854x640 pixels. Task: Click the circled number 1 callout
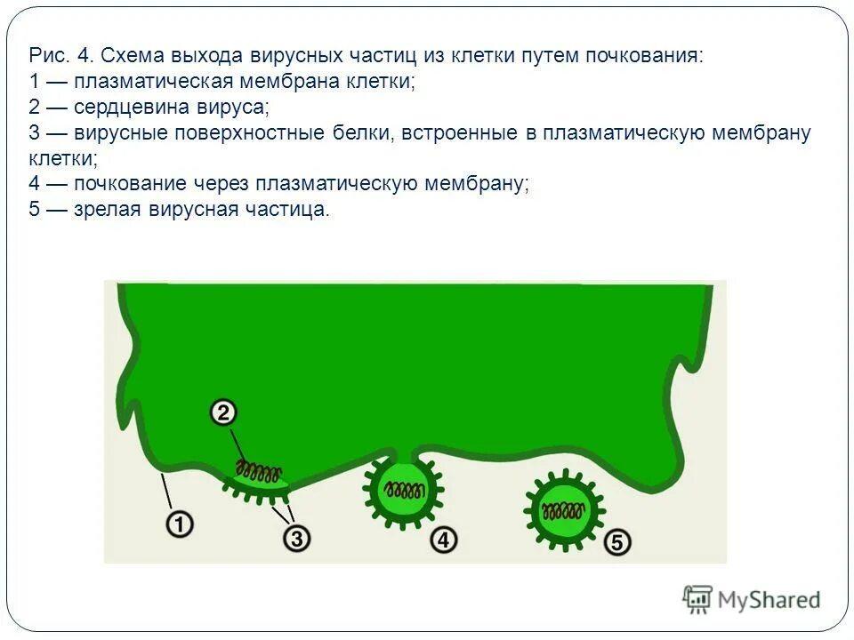181,525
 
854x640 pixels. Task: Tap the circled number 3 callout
296,538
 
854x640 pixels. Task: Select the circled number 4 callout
443,539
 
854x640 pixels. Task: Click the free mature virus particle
562,511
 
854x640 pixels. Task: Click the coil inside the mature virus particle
562,512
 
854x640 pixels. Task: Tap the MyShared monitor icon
698,598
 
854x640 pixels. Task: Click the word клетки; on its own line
62,159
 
